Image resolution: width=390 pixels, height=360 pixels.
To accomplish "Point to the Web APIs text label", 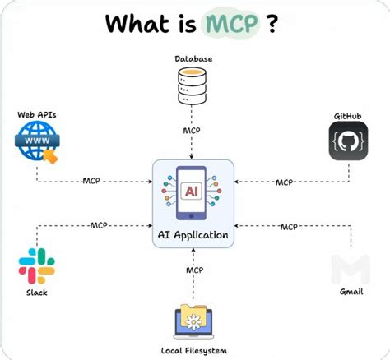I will point(37,114).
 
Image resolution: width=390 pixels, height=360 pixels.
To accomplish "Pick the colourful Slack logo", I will point(36,266).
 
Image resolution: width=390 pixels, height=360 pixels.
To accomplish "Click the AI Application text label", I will point(194,235).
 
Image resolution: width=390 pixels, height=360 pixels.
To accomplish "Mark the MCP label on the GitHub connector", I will point(285,182).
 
